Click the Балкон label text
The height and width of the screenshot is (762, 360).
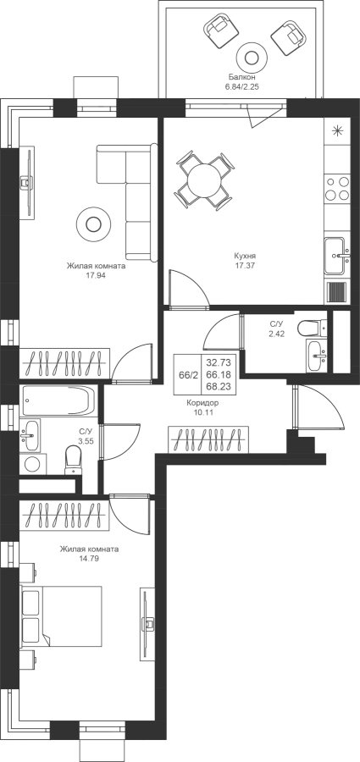[x=241, y=77]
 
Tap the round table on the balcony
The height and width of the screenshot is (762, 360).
[x=251, y=58]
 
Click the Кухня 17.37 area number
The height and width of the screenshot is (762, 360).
[x=245, y=266]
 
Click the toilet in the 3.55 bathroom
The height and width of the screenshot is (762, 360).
[x=73, y=460]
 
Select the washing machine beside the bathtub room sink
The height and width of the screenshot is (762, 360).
[x=33, y=464]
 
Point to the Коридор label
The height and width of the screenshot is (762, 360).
[x=202, y=403]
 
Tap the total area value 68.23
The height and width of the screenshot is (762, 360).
[x=219, y=387]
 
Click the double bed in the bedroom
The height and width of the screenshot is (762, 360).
[x=61, y=616]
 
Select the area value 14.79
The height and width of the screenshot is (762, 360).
[x=89, y=559]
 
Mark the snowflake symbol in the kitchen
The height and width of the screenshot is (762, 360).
[x=337, y=130]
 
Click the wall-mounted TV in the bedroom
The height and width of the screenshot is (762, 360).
[x=147, y=624]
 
